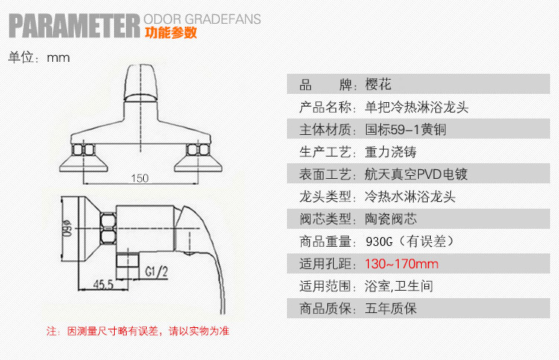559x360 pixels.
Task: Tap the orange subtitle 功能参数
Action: [171, 33]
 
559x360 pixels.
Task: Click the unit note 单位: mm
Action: [39, 58]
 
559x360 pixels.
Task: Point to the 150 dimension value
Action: [139, 177]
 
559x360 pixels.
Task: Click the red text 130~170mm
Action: [402, 264]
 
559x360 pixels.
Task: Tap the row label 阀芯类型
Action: [324, 219]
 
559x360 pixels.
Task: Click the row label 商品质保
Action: [324, 309]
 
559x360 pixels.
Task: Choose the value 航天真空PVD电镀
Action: [415, 174]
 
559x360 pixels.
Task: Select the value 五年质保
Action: [390, 309]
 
